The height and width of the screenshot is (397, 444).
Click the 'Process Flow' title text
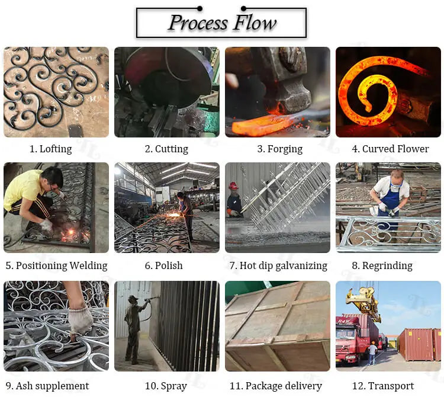tap(222, 23)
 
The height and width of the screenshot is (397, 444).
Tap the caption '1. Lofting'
tap(51, 149)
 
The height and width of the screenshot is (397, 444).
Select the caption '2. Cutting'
tap(166, 149)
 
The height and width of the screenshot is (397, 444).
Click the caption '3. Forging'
tap(280, 149)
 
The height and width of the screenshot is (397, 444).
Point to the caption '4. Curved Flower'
tap(390, 149)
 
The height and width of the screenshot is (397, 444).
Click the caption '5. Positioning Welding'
tap(57, 265)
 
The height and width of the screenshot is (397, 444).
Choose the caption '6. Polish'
tap(163, 265)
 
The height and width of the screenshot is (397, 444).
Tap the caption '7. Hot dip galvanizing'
tap(278, 265)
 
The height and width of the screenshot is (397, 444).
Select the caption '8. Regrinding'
tap(382, 265)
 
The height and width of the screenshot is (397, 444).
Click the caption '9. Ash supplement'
tap(47, 386)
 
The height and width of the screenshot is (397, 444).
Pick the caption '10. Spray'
tap(166, 386)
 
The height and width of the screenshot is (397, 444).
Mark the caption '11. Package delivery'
tap(276, 386)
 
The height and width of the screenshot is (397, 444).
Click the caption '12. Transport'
tap(383, 386)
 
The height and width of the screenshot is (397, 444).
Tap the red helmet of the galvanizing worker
tap(233, 186)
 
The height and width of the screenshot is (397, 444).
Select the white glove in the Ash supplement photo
tap(81, 321)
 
